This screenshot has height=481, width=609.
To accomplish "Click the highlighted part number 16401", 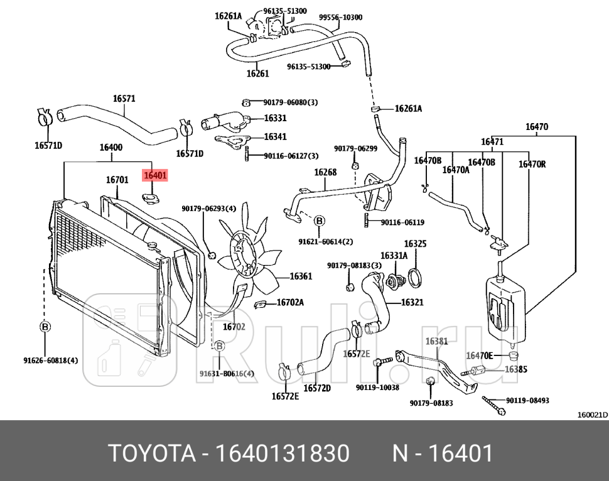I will coord(156,176).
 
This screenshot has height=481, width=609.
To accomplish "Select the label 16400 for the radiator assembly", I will coord(111,148).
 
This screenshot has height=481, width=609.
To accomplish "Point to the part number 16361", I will coord(301,276).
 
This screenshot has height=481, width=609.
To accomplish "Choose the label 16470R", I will coord(532,165).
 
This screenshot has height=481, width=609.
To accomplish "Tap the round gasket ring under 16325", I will coord(415,276).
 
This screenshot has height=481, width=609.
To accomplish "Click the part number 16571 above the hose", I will coord(124,99).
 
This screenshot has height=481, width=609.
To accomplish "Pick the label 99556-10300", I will coord(340,18).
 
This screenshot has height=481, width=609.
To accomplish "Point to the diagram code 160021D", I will coord(593,414).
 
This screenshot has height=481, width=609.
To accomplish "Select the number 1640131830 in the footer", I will coord(283,453).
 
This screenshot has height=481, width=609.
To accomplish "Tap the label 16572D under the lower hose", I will coord(317,388).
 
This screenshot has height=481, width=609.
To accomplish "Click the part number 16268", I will coord(325,172).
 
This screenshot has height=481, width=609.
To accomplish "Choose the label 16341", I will coord(275,136).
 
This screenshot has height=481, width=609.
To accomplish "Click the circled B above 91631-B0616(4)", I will coord(220,346).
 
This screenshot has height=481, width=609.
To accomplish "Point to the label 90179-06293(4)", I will coord(209,208).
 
